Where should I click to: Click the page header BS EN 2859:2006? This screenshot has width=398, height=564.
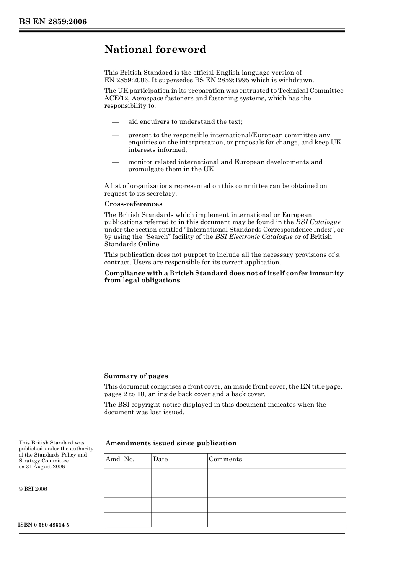[x=53, y=22]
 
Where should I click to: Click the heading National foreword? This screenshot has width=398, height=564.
[x=155, y=50]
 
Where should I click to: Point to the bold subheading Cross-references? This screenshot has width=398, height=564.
[x=133, y=204]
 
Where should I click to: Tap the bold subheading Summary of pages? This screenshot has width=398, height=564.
[x=136, y=376]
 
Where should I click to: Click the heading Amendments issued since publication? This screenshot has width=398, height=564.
[x=171, y=443]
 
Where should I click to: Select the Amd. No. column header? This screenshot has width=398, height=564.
[x=120, y=459]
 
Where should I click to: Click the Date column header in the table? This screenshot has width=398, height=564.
[x=160, y=459]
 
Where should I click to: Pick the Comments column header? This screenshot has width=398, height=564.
[x=225, y=459]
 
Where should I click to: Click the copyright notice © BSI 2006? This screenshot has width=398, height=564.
[x=33, y=489]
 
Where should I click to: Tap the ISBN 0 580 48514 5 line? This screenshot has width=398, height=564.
[x=44, y=525]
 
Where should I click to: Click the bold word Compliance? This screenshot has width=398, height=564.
[x=123, y=273]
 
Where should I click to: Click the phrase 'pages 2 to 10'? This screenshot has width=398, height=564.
[x=123, y=394]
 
